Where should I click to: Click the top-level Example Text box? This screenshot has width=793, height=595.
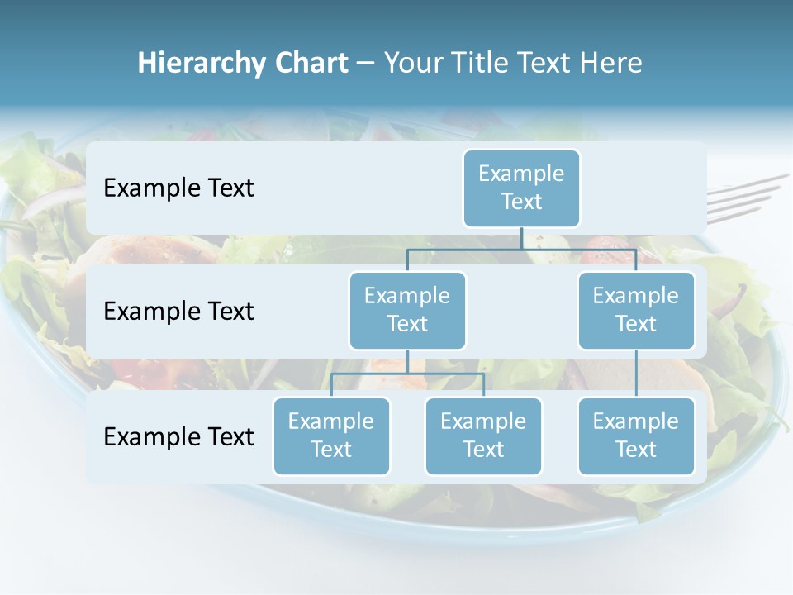pyautogui.click(x=521, y=188)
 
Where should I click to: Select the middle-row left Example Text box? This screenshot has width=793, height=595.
pyautogui.click(x=407, y=310)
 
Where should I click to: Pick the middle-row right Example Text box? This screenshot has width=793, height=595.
pyautogui.click(x=636, y=310)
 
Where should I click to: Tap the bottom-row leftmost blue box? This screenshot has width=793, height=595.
pyautogui.click(x=331, y=436)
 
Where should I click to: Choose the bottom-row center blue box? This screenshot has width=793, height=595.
pyautogui.click(x=483, y=436)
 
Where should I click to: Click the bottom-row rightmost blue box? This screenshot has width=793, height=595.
pyautogui.click(x=636, y=436)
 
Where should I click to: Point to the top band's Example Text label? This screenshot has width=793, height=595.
pyautogui.click(x=178, y=188)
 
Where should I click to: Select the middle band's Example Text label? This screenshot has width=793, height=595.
pyautogui.click(x=178, y=312)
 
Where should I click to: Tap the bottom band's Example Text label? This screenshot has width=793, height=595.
pyautogui.click(x=178, y=436)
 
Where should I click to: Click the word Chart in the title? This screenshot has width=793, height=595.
pyautogui.click(x=311, y=64)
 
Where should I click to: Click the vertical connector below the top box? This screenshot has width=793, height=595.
pyautogui.click(x=521, y=238)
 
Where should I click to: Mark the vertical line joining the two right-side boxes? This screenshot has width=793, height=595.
pyautogui.click(x=636, y=374)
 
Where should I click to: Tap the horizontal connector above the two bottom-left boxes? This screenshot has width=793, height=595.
pyautogui.click(x=407, y=374)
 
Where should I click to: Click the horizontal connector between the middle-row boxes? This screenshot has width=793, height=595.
pyautogui.click(x=521, y=249)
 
